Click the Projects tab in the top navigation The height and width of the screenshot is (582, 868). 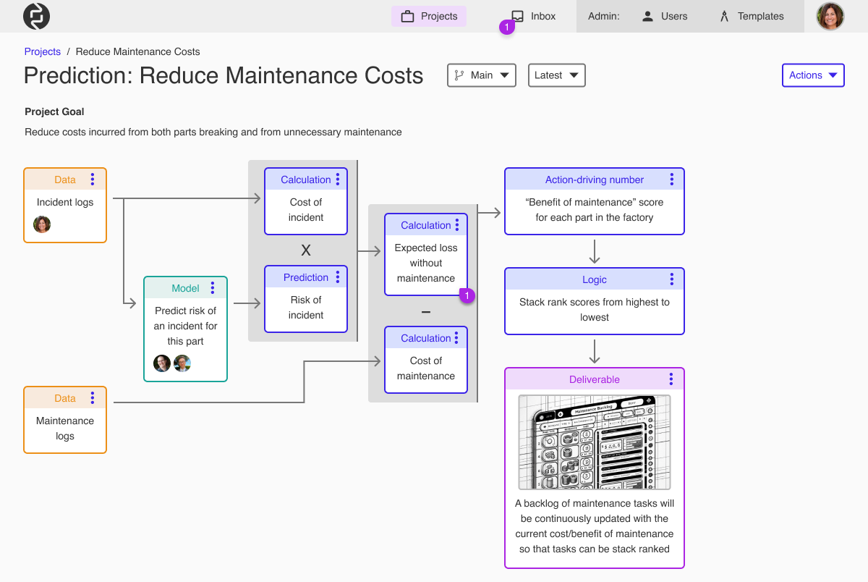tap(429, 16)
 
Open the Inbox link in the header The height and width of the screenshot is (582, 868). tap(534, 16)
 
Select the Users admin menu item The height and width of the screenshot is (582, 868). tap(665, 16)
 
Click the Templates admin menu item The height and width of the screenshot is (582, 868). tap(752, 16)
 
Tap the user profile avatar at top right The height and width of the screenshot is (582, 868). tap(830, 16)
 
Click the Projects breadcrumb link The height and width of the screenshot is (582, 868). tap(43, 51)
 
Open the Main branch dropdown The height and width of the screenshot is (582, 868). tap(481, 75)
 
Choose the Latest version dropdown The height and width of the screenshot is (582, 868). tap(556, 75)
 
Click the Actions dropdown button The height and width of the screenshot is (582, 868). tap(812, 75)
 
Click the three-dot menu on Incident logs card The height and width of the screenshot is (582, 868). tap(93, 180)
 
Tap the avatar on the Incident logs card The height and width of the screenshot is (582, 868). tap(42, 224)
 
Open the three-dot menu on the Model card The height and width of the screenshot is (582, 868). tap(212, 288)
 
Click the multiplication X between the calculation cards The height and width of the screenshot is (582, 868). tap(306, 250)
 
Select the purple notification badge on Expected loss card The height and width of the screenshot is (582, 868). tap(467, 295)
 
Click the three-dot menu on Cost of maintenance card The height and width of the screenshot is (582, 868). tap(457, 338)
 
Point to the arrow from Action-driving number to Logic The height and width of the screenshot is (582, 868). tap(595, 251)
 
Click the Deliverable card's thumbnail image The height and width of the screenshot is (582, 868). tap(595, 442)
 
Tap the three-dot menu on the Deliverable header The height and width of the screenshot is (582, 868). tap(671, 379)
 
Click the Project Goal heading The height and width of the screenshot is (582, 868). tap(54, 111)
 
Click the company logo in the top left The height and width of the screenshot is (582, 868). tap(36, 16)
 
